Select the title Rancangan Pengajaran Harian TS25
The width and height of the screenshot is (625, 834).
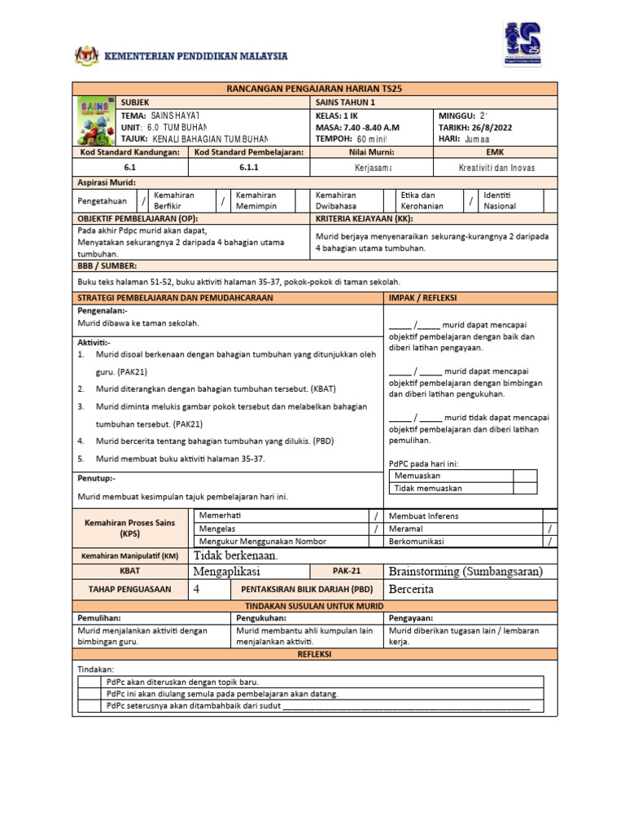click(x=314, y=88)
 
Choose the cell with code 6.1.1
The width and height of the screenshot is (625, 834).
click(x=248, y=167)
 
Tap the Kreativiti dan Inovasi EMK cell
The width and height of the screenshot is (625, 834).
click(x=496, y=167)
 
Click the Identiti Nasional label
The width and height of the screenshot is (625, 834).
click(x=500, y=200)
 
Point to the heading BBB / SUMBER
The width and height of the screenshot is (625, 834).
click(x=107, y=266)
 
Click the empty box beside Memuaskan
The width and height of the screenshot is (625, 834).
click(x=525, y=476)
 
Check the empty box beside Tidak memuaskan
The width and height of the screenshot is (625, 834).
click(x=525, y=489)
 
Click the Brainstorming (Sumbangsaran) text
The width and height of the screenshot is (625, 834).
click(x=465, y=571)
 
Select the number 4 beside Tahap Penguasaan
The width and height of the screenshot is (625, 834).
click(x=196, y=589)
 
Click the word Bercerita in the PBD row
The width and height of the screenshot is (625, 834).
click(x=412, y=589)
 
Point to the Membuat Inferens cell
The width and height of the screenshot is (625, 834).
click(x=423, y=516)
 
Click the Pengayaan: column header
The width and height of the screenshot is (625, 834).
click(x=411, y=618)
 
